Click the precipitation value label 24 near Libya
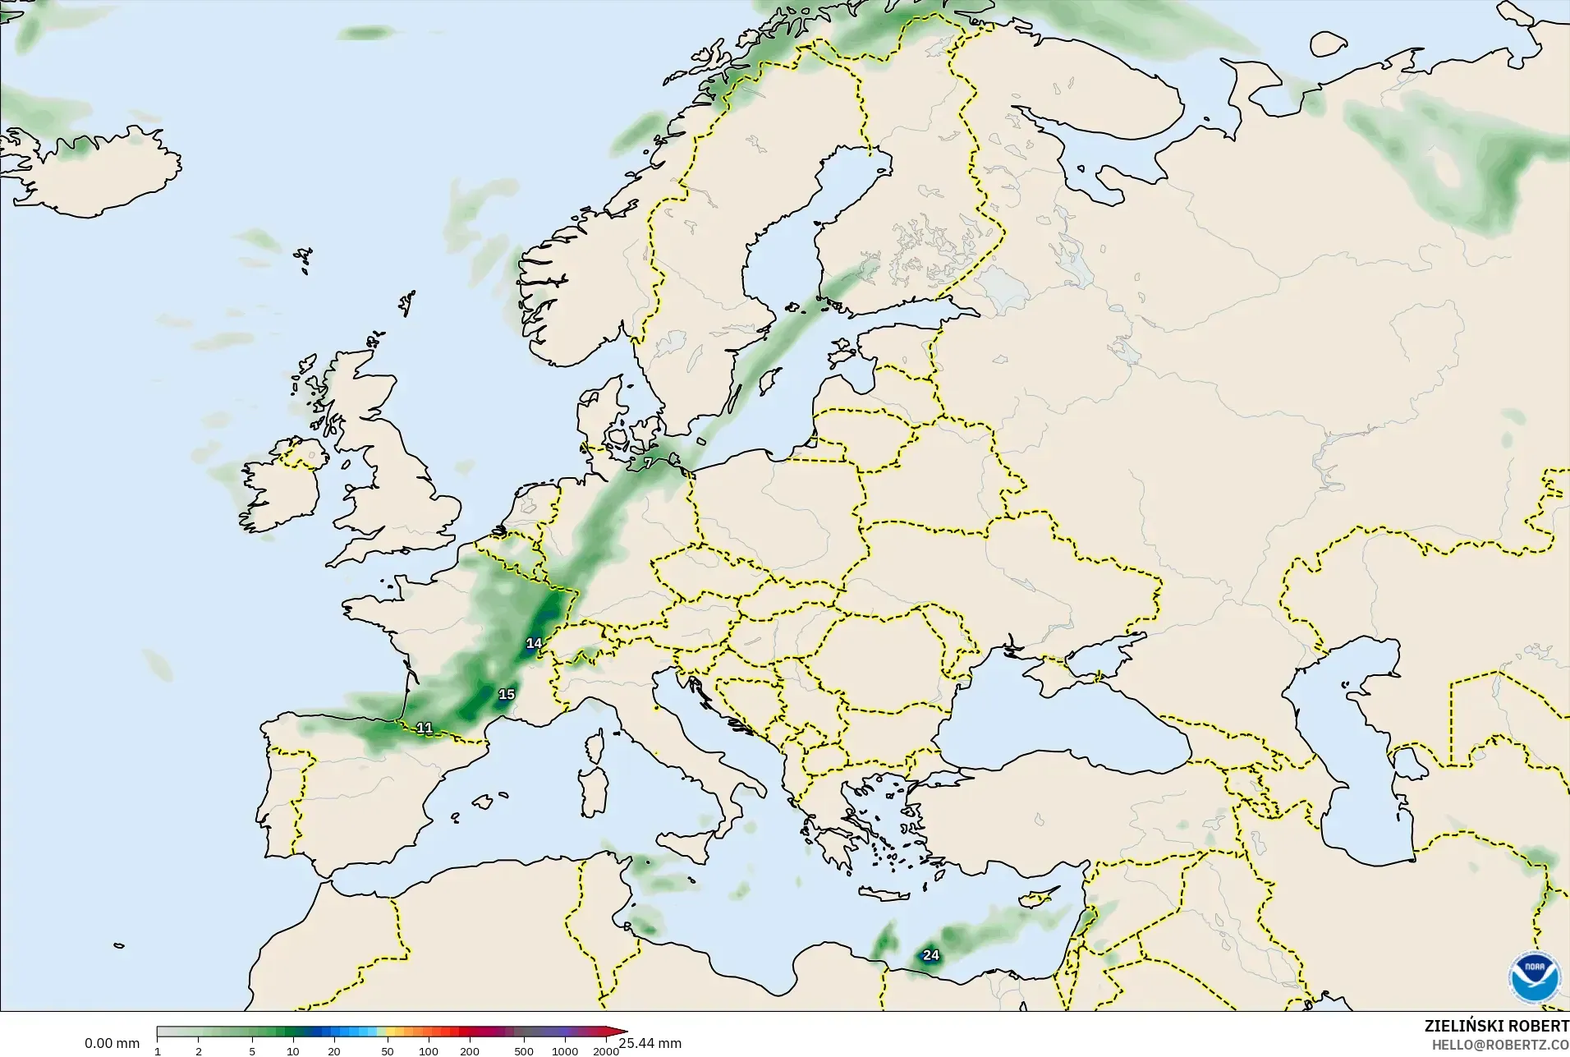pos(930,955)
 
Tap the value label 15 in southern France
pos(507,695)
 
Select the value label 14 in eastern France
pos(535,643)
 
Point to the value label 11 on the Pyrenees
pos(425,728)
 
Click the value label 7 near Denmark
pos(648,463)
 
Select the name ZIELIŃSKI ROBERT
pos(1496,1027)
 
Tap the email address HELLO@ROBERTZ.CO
pos(1500,1046)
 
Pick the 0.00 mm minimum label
pos(112,1044)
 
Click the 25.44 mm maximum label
pos(650,1044)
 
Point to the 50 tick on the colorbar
pos(388,1051)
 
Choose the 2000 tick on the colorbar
pos(606,1051)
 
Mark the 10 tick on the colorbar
pos(293,1051)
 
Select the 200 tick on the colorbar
pos(470,1051)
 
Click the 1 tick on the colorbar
pos(158,1051)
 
